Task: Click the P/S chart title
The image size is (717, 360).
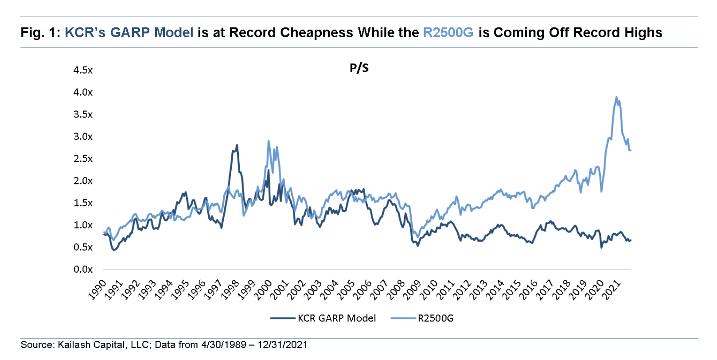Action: tap(359, 68)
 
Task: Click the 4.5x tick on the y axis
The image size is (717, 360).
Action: tap(83, 70)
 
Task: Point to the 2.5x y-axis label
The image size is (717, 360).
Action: tap(83, 159)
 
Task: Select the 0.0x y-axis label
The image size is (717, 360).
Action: tap(83, 270)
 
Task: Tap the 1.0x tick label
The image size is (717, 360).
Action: tap(83, 225)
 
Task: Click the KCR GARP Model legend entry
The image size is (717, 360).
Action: tap(336, 318)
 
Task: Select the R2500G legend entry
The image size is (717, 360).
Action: tap(435, 318)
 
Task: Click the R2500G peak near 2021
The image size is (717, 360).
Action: tap(616, 97)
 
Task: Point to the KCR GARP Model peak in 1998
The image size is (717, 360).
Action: tap(237, 145)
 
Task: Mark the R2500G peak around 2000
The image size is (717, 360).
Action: tap(269, 141)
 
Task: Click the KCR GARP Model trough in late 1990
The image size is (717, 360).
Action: tap(114, 250)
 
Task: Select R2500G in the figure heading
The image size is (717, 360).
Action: tap(448, 32)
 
